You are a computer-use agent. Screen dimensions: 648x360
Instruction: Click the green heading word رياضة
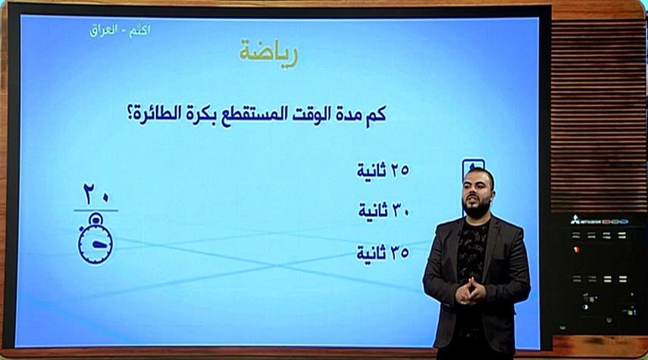268,53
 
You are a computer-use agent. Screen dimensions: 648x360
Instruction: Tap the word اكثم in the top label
139,30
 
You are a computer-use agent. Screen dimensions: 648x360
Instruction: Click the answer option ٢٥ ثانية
383,171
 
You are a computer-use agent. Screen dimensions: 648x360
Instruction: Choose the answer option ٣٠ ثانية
383,211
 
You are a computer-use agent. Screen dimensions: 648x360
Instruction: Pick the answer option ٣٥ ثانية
383,252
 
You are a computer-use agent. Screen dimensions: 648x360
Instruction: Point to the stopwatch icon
95,239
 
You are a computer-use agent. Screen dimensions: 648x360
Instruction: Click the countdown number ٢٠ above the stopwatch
96,194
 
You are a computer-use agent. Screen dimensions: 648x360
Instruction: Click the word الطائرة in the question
156,114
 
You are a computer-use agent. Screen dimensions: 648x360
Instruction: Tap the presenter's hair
481,174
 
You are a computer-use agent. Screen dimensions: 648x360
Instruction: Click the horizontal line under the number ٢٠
96,211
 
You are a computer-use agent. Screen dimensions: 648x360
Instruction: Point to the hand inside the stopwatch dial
100,244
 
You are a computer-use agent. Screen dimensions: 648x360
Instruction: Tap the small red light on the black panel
578,250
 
